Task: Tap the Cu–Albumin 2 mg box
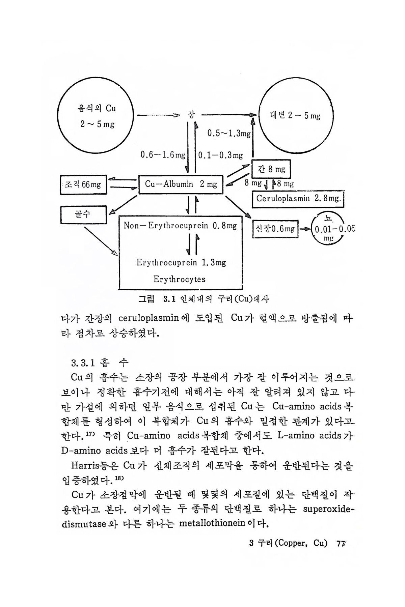(181, 184)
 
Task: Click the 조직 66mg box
(83, 184)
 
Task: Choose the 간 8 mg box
(271, 170)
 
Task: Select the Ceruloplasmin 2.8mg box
(298, 199)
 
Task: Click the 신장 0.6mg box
(275, 229)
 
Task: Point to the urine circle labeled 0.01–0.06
(329, 229)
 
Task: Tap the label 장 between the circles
(191, 115)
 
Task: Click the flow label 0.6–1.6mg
(163, 155)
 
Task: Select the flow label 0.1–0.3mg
(221, 155)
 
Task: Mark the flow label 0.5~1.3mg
(229, 134)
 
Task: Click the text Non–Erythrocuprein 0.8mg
(180, 226)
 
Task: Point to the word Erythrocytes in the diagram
(179, 279)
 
